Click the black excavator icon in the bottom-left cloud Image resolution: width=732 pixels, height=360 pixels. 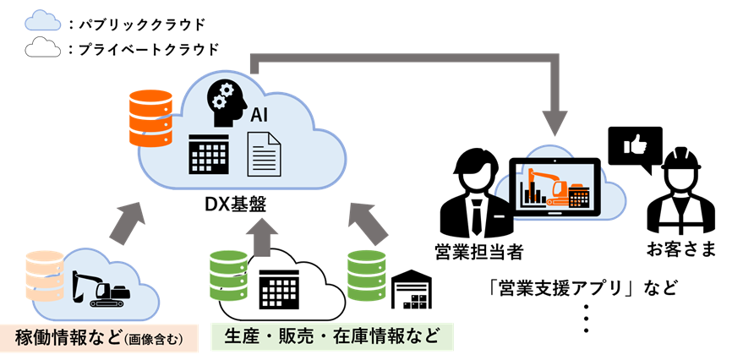point(101,290)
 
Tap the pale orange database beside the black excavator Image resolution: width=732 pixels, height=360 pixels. point(45,275)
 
